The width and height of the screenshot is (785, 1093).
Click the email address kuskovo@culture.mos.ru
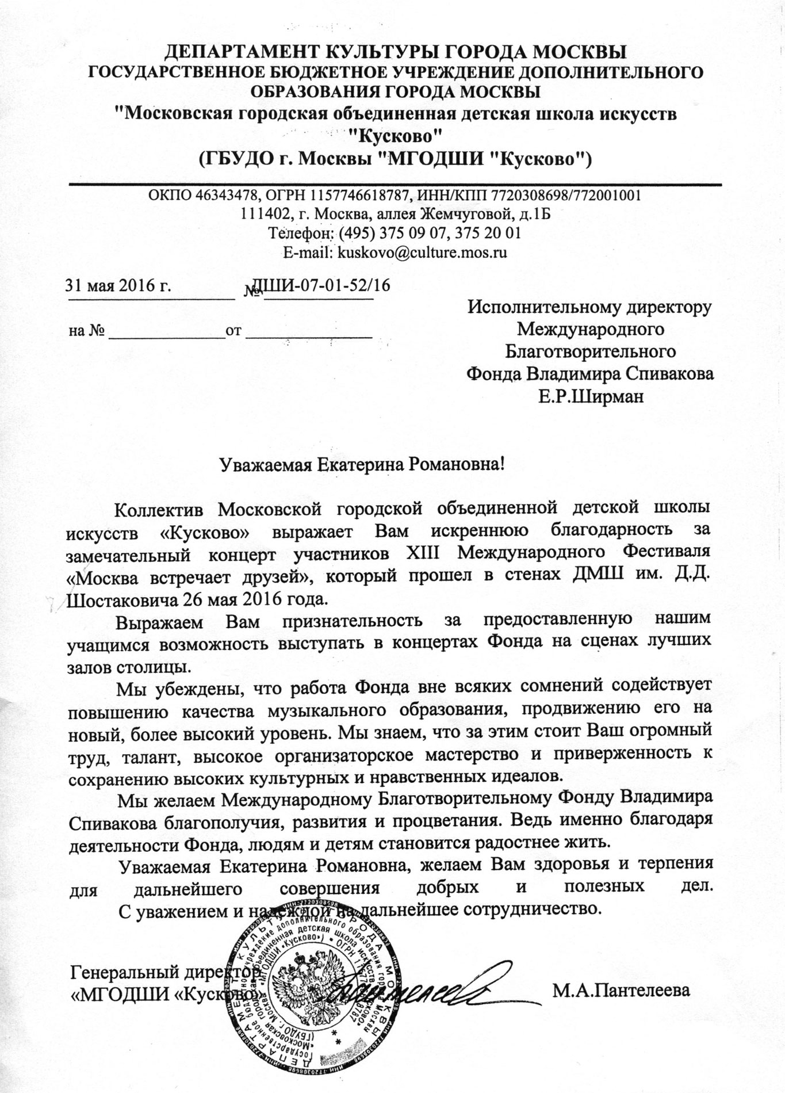tap(422, 253)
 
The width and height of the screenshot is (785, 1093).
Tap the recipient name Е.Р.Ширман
tap(591, 397)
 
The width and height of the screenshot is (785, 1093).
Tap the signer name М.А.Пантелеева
tap(621, 991)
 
